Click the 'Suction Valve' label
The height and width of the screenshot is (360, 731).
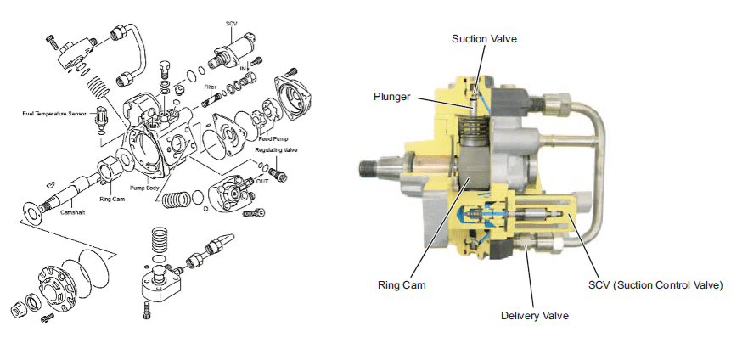click(484, 39)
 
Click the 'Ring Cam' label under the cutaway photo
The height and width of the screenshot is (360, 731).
click(401, 284)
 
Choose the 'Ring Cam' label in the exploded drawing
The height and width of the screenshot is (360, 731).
click(112, 200)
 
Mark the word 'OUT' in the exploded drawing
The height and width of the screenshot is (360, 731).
click(261, 180)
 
